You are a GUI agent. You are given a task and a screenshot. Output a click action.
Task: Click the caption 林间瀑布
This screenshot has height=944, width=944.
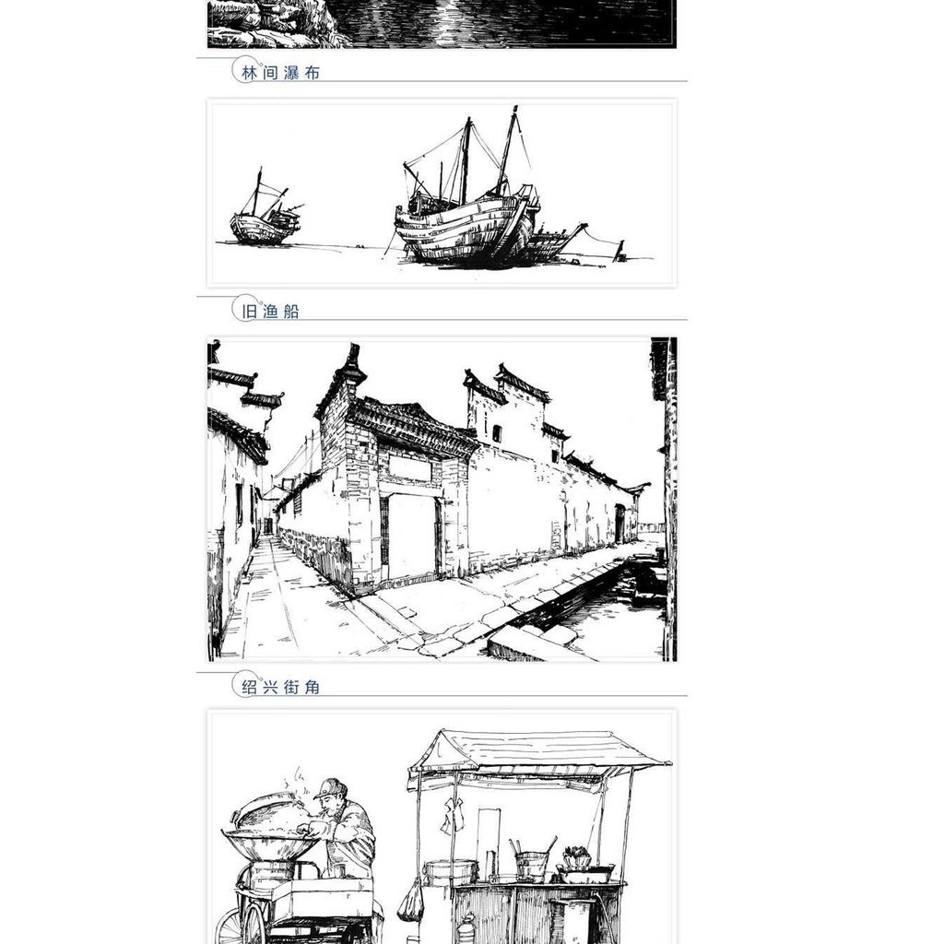click(x=280, y=73)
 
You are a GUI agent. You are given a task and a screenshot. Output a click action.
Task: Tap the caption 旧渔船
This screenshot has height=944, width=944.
click(x=270, y=312)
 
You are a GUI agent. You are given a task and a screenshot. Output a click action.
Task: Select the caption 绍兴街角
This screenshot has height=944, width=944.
click(x=280, y=687)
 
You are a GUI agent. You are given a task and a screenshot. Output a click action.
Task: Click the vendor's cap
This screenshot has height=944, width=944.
click(x=331, y=787)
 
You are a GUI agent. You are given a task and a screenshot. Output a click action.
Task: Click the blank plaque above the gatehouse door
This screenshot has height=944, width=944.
click(x=409, y=467)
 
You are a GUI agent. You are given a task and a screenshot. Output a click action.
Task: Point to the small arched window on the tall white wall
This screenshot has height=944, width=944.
click(x=497, y=433)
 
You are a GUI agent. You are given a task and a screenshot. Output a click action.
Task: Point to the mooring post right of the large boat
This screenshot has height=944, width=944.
click(x=619, y=251)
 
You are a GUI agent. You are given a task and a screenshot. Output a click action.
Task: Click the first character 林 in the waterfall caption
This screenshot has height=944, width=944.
click(x=249, y=73)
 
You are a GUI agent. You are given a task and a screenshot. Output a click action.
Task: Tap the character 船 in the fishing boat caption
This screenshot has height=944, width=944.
click(x=290, y=312)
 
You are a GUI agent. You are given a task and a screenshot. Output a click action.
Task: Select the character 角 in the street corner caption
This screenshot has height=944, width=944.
click(x=312, y=687)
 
